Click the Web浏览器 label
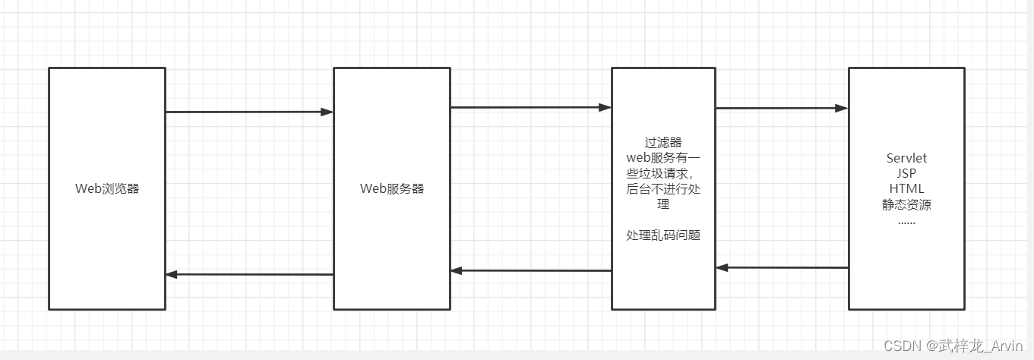(107, 189)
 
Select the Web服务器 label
(392, 189)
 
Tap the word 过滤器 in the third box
(663, 142)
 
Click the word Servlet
(906, 158)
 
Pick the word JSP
(906, 173)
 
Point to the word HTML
(906, 188)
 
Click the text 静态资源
(906, 204)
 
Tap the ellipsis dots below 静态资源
(906, 221)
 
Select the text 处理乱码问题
(663, 235)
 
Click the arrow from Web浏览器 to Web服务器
(249, 112)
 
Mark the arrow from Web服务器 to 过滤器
(530, 108)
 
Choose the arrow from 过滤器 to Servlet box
(781, 109)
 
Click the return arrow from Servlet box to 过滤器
(781, 267)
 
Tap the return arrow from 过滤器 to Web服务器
(530, 270)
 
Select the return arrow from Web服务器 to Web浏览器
(249, 274)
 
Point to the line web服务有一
(663, 158)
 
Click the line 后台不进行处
(663, 189)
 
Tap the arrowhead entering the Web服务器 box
(327, 112)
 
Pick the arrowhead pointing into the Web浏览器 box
(172, 274)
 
